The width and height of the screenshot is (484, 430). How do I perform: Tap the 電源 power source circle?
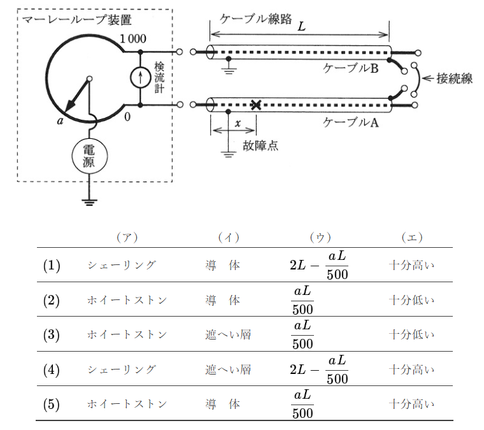click(x=89, y=155)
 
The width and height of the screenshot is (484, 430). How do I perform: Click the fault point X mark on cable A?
click(x=256, y=104)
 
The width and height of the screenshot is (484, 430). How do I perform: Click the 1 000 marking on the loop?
click(x=133, y=39)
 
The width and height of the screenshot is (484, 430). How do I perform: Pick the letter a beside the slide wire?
click(x=60, y=119)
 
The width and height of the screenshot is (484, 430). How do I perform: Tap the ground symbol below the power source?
click(x=89, y=202)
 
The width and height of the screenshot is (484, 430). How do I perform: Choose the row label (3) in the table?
click(x=52, y=334)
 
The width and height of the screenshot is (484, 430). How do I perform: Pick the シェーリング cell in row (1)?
click(x=122, y=265)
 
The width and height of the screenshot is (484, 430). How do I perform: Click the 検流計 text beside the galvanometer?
click(x=159, y=78)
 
